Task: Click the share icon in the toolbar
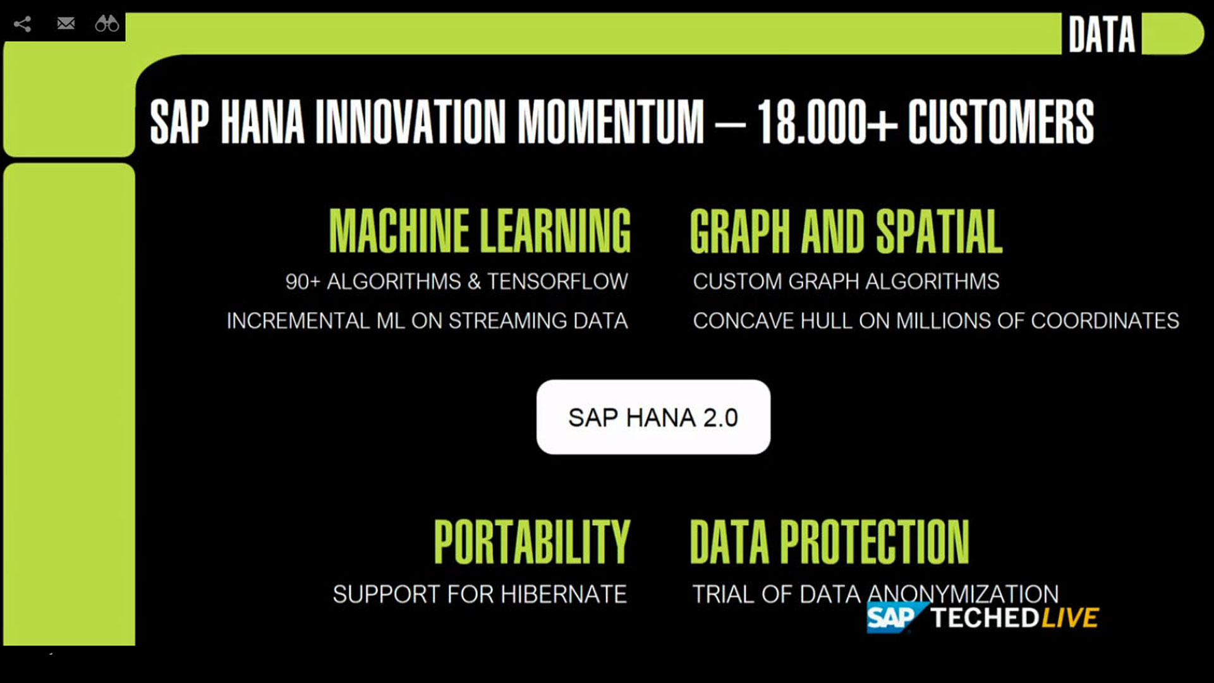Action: [22, 24]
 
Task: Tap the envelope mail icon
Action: [66, 23]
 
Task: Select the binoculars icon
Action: [107, 23]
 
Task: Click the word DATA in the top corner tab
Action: [1102, 34]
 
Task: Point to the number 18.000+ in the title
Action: [827, 121]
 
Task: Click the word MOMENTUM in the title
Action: [610, 121]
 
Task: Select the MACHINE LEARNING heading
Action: [480, 231]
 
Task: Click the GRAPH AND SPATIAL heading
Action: [846, 231]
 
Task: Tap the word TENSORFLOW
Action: [557, 281]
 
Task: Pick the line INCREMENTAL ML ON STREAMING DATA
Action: [427, 321]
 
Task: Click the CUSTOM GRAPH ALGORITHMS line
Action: [846, 281]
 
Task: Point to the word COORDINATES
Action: [1105, 321]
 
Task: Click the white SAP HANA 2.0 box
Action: [653, 417]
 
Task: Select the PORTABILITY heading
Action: [532, 541]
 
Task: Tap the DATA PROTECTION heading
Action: [830, 541]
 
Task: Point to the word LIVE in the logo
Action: [1071, 617]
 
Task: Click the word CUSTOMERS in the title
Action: [1001, 121]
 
